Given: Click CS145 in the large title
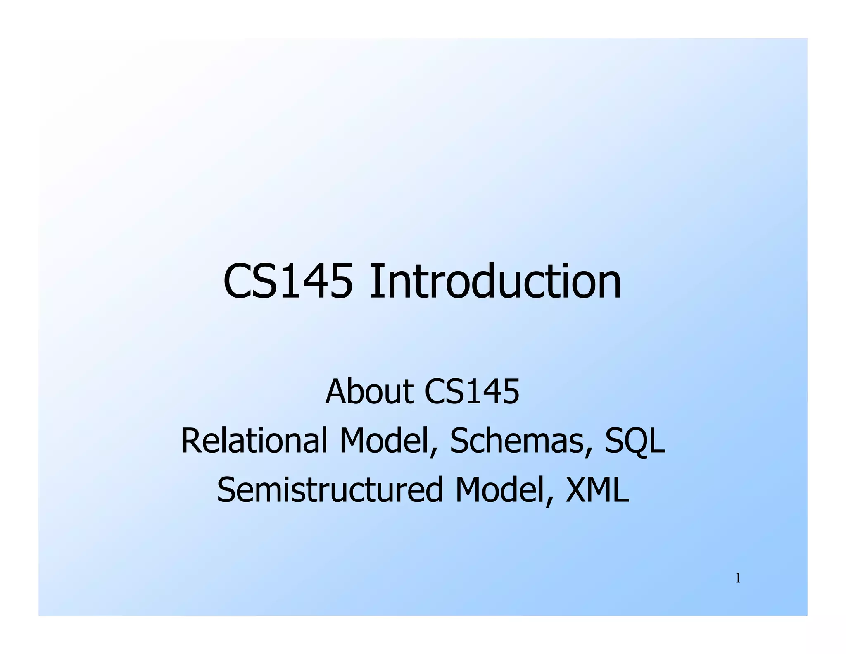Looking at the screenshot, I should coord(288,282).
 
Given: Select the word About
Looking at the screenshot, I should coord(369,391).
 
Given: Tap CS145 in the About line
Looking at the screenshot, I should coord(472,391).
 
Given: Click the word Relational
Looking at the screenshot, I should coord(254,441).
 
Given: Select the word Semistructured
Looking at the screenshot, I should coord(330,490).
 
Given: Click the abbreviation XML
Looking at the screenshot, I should coord(597,490).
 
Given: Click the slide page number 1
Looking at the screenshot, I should coord(738,579).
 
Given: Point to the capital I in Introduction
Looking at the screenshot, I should coord(375,282).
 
